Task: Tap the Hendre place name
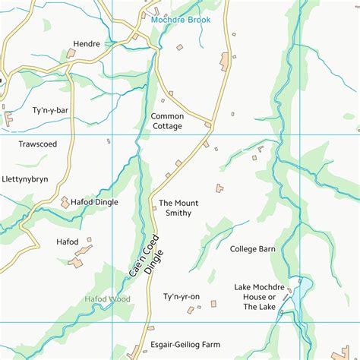point(87,45)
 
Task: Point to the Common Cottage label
point(166,121)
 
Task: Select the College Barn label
point(252,248)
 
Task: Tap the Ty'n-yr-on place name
point(181,296)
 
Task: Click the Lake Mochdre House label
point(260,296)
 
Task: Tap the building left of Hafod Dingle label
point(65,202)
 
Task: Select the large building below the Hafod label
point(77,262)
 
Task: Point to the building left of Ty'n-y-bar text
point(9,118)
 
